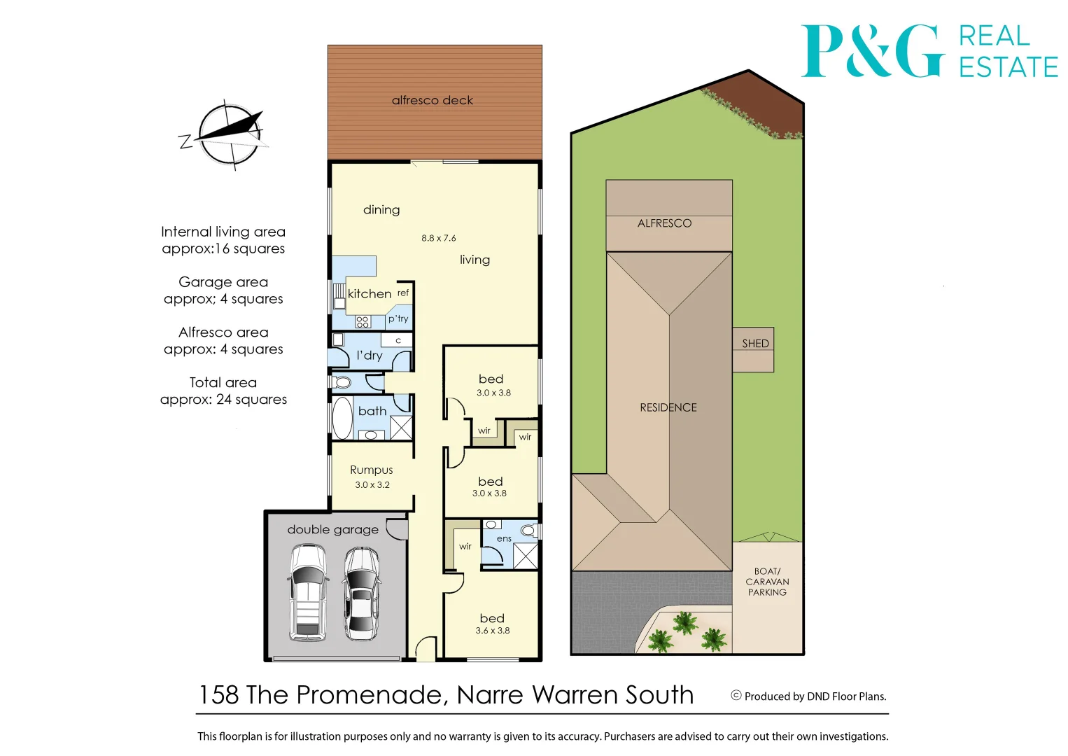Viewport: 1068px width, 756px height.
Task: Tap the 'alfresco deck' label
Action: pos(433,100)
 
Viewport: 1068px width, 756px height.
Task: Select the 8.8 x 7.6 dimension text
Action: pos(439,238)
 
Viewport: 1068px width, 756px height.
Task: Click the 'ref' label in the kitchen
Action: pos(403,293)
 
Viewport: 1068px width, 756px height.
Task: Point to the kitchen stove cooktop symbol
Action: pos(363,322)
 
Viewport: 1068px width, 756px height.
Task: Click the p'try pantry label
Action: pos(398,318)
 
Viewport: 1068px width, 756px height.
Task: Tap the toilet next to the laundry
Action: pos(342,383)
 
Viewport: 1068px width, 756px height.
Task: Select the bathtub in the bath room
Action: pos(343,419)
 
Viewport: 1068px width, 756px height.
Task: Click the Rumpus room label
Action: pos(372,470)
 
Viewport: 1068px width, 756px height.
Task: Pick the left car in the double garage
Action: pos(308,592)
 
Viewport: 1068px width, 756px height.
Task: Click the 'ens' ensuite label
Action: pos(504,538)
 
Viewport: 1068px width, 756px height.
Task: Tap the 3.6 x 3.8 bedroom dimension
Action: pos(493,631)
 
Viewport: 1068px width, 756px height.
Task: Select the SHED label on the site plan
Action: pos(755,343)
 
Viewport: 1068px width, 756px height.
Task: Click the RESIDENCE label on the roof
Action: pos(668,407)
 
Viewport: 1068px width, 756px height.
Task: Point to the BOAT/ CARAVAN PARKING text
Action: pos(767,582)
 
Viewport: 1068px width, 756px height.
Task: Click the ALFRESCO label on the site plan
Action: pos(664,223)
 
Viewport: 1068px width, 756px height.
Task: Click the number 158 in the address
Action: pos(219,695)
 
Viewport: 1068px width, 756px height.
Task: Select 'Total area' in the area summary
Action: pos(223,382)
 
